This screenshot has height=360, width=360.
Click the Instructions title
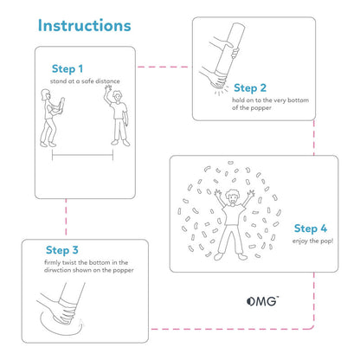tap(85, 27)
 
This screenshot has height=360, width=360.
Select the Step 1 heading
tap(67, 68)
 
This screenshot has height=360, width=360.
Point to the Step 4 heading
tap(311, 228)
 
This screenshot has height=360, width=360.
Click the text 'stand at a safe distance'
tap(84, 80)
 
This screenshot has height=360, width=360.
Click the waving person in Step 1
tap(117, 117)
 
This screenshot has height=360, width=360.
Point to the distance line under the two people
tap(83, 157)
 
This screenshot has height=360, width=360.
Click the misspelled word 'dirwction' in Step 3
tap(64, 270)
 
